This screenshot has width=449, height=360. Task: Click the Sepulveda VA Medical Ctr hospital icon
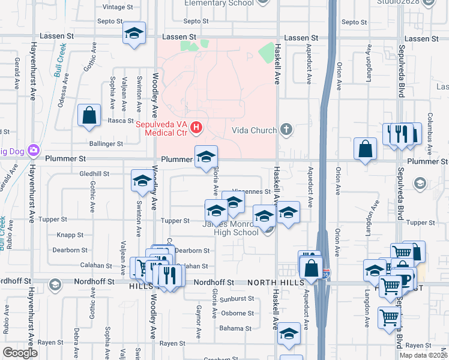(x=196, y=128)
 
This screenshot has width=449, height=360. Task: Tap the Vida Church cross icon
(x=286, y=130)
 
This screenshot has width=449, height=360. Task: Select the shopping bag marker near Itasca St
(x=89, y=116)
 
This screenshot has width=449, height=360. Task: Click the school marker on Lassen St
(x=134, y=34)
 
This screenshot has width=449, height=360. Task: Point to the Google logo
(x=20, y=353)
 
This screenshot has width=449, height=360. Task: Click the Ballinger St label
(x=106, y=144)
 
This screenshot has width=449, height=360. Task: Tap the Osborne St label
(x=237, y=313)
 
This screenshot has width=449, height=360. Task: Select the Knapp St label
(x=70, y=236)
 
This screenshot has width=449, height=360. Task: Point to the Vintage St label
(x=118, y=7)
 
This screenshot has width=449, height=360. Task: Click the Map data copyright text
(x=423, y=355)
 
